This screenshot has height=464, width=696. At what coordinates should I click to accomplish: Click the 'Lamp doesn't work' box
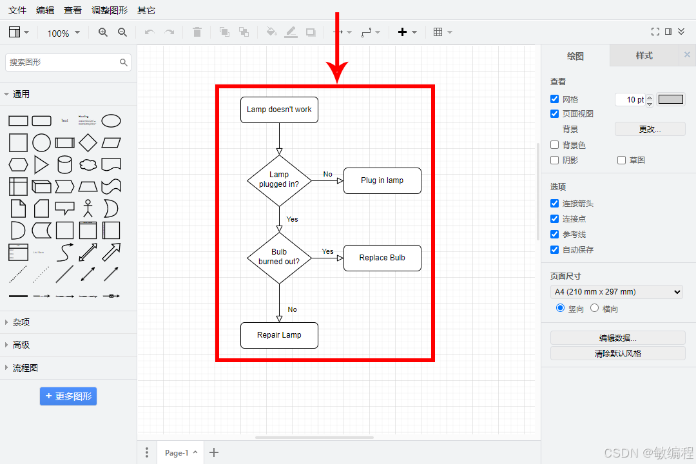point(279,110)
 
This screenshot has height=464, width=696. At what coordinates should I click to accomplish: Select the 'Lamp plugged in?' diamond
point(279,180)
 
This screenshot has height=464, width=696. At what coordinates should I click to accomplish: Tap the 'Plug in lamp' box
point(382,180)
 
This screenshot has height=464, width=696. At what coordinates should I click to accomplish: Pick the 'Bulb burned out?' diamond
point(279,258)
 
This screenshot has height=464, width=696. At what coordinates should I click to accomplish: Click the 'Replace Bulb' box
point(382,258)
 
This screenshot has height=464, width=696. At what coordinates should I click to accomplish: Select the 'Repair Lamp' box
point(279,335)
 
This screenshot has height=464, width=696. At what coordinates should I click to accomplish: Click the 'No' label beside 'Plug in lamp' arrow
point(327,174)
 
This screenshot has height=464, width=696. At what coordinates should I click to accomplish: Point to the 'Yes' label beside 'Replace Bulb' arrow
point(327,251)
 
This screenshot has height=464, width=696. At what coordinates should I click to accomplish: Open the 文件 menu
point(17,10)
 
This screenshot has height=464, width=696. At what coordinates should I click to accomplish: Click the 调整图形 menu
point(110,10)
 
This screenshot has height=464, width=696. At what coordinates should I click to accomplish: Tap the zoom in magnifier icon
point(103,32)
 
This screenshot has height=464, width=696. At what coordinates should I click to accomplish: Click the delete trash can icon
point(197,32)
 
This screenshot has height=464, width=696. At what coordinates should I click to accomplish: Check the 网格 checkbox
point(555,99)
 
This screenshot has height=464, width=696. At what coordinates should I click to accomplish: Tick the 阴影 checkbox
point(555,160)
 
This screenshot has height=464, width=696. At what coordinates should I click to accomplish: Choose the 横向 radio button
point(595,309)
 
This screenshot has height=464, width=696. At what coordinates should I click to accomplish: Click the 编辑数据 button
point(617,338)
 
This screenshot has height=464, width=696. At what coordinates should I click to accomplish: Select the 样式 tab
point(644,55)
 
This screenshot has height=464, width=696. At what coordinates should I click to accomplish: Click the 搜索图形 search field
point(63,63)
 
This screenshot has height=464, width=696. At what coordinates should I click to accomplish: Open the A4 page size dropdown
point(617,292)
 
